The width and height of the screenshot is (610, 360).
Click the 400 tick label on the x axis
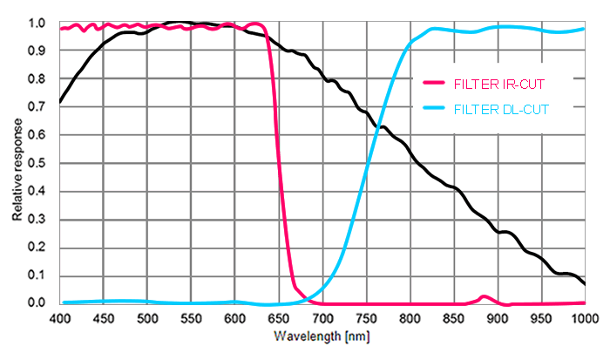60,317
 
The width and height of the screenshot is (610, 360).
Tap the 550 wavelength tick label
191,317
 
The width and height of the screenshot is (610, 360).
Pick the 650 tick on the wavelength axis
279,317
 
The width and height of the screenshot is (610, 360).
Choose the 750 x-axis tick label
366,317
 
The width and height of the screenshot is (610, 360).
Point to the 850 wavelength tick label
453,317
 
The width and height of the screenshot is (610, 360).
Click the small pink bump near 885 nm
485,297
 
